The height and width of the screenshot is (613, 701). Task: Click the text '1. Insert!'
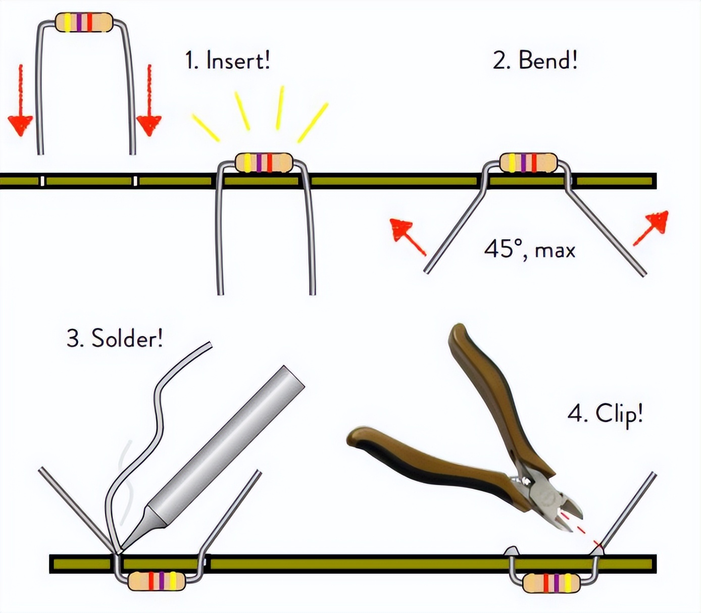pyautogui.click(x=227, y=61)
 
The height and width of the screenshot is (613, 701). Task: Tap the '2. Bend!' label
pyautogui.click(x=534, y=61)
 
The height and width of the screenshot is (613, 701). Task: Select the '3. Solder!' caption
pyautogui.click(x=115, y=338)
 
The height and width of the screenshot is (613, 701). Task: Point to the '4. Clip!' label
pyautogui.click(x=605, y=414)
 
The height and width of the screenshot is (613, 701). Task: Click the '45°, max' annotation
pyautogui.click(x=529, y=249)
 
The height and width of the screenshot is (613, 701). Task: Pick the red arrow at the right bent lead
pyautogui.click(x=653, y=227)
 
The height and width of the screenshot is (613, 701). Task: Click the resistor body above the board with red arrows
pyautogui.click(x=84, y=22)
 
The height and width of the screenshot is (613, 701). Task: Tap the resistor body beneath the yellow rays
pyautogui.click(x=264, y=163)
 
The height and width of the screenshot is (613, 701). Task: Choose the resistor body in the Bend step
pyautogui.click(x=528, y=163)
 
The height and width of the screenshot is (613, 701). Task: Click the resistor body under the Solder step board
pyautogui.click(x=157, y=581)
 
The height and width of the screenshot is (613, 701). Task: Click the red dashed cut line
pyautogui.click(x=581, y=530)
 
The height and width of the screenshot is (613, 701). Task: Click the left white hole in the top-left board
pyautogui.click(x=42, y=181)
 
